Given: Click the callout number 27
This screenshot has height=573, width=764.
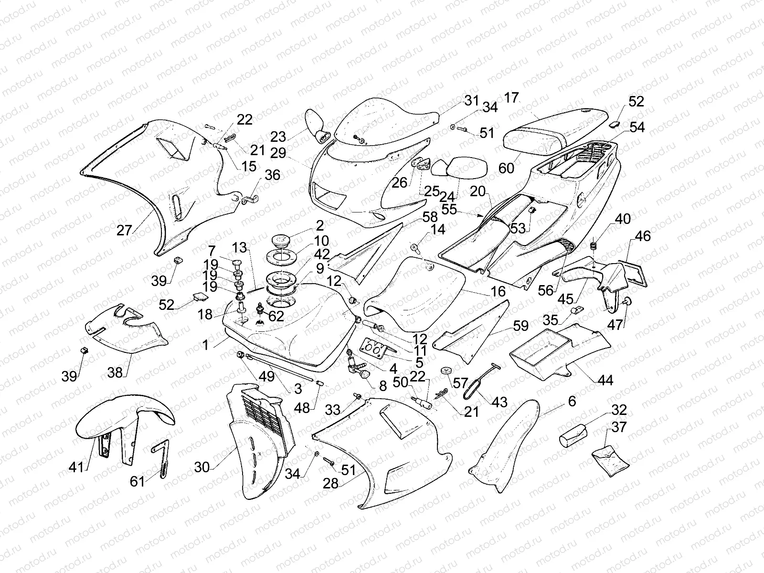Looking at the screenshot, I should tap(124, 230).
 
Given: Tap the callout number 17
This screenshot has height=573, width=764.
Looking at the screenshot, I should tap(511, 98).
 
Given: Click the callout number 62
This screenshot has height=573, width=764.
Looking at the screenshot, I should tap(276, 316).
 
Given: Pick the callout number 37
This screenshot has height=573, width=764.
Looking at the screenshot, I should tap(619, 427).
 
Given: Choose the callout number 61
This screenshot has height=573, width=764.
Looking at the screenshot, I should tap(138, 481).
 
